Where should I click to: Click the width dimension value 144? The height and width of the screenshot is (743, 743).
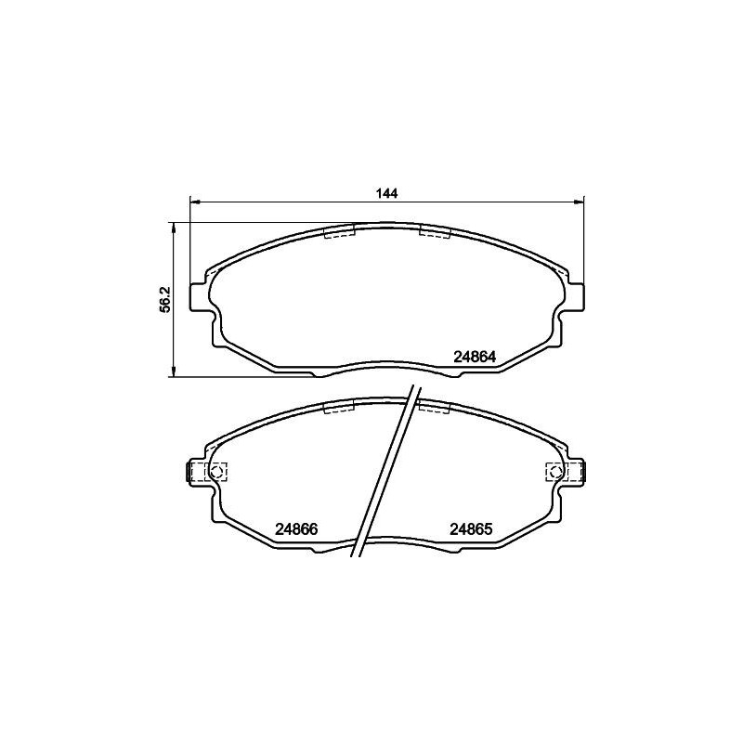point(387,193)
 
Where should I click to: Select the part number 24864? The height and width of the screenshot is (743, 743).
point(476,356)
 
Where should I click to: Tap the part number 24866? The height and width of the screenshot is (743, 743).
point(297,529)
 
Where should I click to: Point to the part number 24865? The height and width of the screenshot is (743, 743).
point(470,529)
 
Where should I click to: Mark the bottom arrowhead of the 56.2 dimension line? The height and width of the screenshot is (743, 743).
point(174,372)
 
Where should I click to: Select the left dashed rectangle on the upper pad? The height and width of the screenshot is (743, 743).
point(339,232)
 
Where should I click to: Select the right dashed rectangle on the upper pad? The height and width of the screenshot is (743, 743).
point(435,230)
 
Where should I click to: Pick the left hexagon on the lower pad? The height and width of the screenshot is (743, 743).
point(216,472)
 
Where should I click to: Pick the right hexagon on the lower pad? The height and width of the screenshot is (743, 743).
point(554,472)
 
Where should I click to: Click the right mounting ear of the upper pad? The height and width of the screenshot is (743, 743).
point(577,295)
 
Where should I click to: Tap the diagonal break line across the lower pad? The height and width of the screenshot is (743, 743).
point(384,474)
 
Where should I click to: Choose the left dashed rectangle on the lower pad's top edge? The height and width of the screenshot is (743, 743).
point(339,407)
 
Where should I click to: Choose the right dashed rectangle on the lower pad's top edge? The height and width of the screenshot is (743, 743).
point(435,406)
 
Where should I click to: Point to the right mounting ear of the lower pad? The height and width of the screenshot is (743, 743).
point(577,472)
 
